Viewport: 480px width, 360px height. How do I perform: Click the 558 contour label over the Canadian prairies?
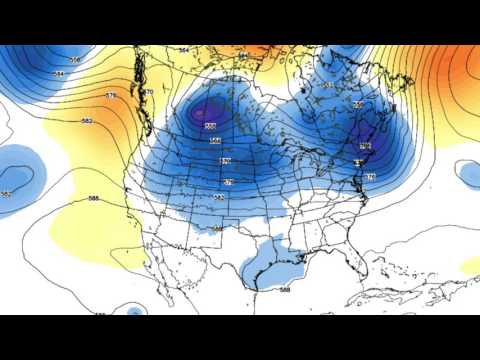pyautogui.click(x=210, y=126)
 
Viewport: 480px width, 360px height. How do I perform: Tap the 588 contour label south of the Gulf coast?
pyautogui.click(x=286, y=290)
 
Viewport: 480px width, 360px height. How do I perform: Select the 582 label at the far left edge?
pyautogui.click(x=7, y=193)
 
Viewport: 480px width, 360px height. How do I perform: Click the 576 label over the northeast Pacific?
pyautogui.click(x=111, y=96)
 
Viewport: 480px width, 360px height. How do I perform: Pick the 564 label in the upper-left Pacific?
pyautogui.click(x=59, y=74)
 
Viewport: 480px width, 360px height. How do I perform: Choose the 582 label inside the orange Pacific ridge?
pyautogui.click(x=87, y=121)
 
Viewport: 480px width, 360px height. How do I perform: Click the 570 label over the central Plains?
pyautogui.click(x=224, y=160)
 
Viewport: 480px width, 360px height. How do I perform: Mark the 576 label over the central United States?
pyautogui.click(x=228, y=182)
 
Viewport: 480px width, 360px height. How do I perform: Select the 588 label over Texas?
pyautogui.click(x=218, y=229)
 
